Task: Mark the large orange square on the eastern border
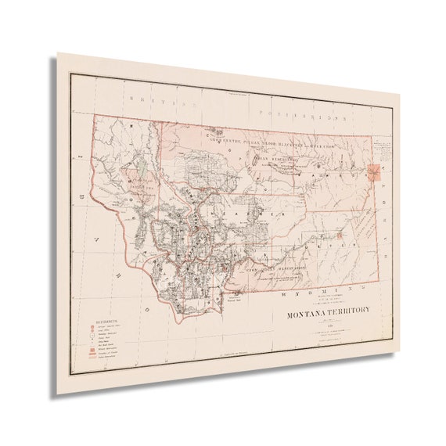[x=377, y=172]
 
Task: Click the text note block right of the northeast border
[x=383, y=149]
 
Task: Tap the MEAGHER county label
[x=250, y=211]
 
